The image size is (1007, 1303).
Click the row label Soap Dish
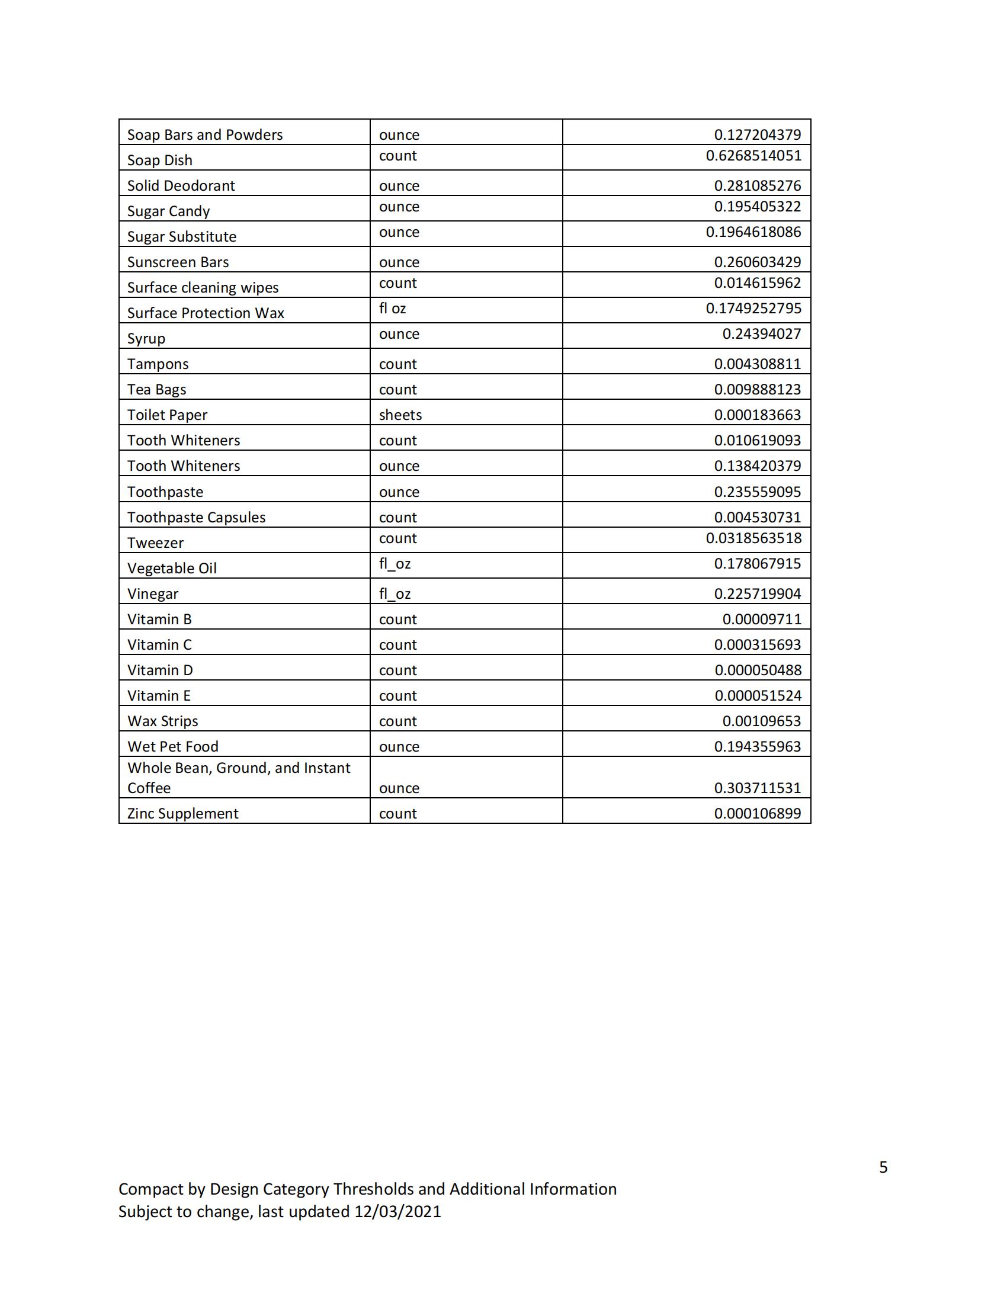pyautogui.click(x=159, y=161)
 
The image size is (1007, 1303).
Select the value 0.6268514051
pyautogui.click(x=753, y=156)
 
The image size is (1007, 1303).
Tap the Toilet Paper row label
pyautogui.click(x=167, y=415)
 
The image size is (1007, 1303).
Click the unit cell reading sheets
pyautogui.click(x=400, y=415)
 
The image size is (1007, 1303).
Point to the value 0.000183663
pyautogui.click(x=757, y=415)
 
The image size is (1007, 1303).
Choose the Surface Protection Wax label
pyautogui.click(x=205, y=313)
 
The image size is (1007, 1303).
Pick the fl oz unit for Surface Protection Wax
pyautogui.click(x=392, y=309)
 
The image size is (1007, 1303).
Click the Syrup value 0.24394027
pyautogui.click(x=761, y=334)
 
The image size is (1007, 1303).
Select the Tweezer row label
pyautogui.click(x=155, y=543)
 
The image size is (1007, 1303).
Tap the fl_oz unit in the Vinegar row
pyautogui.click(x=395, y=594)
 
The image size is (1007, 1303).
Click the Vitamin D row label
pyautogui.click(x=160, y=670)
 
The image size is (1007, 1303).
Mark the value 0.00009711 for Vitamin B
pyautogui.click(x=761, y=620)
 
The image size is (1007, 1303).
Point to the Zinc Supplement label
pyautogui.click(x=182, y=814)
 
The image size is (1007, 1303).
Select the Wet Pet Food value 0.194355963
pyautogui.click(x=757, y=747)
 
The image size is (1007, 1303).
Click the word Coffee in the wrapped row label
pyautogui.click(x=149, y=788)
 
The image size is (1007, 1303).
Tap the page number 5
pyautogui.click(x=883, y=1167)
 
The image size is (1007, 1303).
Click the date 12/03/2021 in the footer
pyautogui.click(x=397, y=1212)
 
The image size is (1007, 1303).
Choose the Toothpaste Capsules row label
pyautogui.click(x=196, y=517)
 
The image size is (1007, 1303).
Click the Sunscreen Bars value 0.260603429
pyautogui.click(x=757, y=262)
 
